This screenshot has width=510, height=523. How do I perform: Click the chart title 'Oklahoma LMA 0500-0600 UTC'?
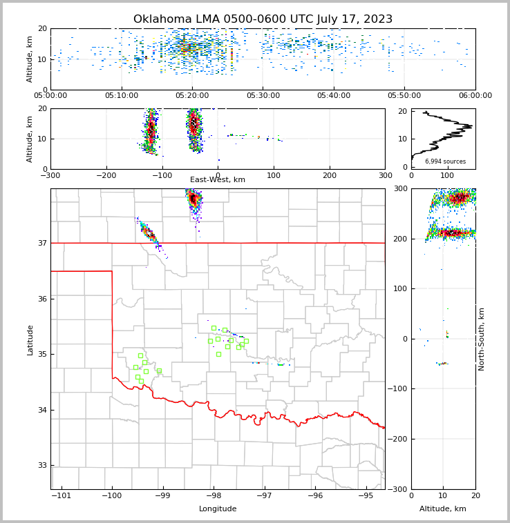(263, 19)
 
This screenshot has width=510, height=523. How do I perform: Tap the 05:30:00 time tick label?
(263, 96)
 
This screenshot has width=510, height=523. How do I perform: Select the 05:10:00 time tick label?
(122, 96)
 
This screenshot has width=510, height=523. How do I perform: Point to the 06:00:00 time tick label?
(475, 96)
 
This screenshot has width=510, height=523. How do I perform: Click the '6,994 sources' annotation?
(445, 161)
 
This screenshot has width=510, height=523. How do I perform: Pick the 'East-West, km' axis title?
(218, 180)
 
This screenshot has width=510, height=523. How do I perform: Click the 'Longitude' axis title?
(218, 509)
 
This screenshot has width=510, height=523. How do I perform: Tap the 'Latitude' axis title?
(30, 339)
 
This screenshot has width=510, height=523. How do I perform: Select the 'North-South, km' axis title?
(482, 339)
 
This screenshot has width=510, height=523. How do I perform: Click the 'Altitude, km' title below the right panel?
(443, 509)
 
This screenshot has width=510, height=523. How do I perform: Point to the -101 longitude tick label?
(61, 495)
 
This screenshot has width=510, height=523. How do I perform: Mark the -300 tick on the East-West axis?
(50, 175)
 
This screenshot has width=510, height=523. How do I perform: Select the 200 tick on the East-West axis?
(330, 175)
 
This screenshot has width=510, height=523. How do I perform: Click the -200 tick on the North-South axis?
(398, 440)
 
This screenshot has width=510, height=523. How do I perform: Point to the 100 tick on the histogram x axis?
(444, 175)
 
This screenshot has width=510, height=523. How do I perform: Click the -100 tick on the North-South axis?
(398, 389)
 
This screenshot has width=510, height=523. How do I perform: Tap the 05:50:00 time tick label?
(404, 96)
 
